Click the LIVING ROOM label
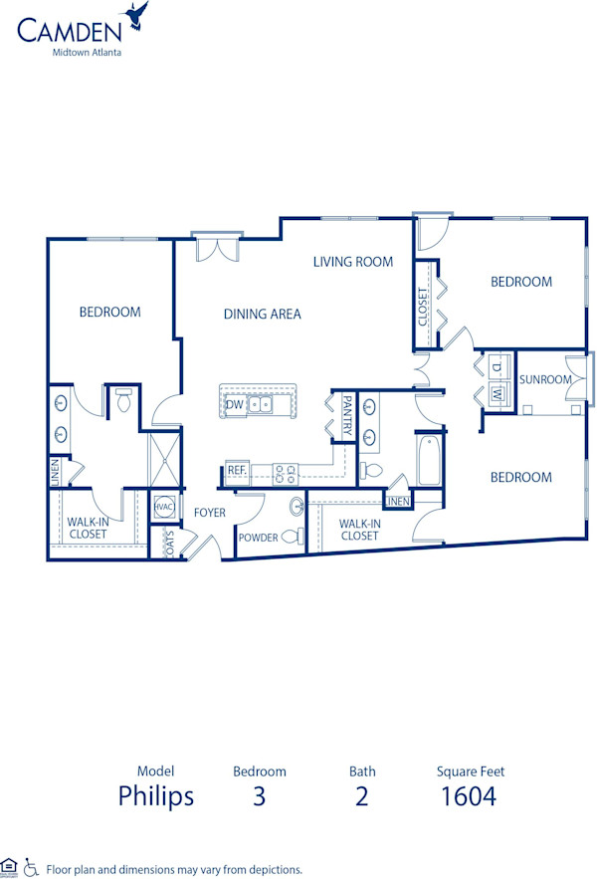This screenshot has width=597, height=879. [x=353, y=262]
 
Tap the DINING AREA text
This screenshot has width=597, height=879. [x=262, y=314]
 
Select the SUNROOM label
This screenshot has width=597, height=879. [x=545, y=379]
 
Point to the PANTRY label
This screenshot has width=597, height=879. [x=347, y=415]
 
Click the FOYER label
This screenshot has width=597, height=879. [x=210, y=513]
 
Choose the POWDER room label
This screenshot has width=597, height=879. [x=258, y=538]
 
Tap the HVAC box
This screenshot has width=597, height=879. [x=164, y=507]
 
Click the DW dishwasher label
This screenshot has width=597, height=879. [x=234, y=404]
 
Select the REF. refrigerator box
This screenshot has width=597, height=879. [x=237, y=470]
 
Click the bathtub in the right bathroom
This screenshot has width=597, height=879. [x=429, y=461]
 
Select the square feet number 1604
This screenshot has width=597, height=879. [x=468, y=796]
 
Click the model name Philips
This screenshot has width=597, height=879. [x=156, y=796]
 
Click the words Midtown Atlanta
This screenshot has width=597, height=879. [x=87, y=53]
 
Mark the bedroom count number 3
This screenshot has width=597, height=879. [x=260, y=796]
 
